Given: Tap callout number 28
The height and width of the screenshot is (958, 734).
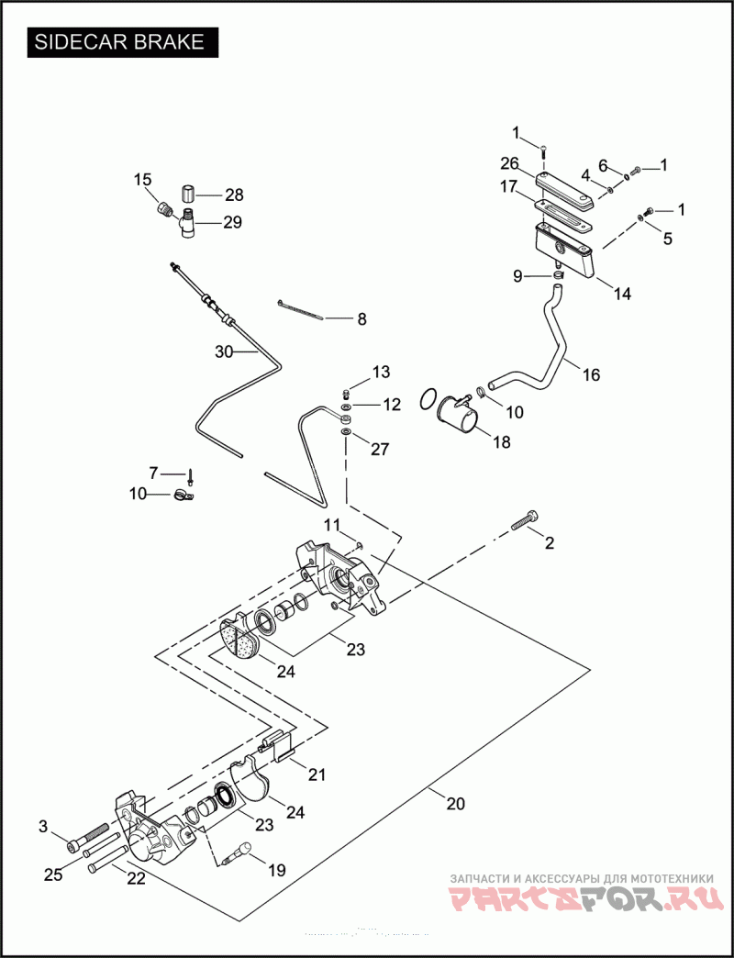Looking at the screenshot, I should (x=235, y=195).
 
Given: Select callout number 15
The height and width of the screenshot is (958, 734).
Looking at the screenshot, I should (x=142, y=180).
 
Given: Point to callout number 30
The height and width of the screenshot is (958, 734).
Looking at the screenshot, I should (x=225, y=351).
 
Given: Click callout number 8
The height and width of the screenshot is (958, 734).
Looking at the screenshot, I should (x=361, y=319).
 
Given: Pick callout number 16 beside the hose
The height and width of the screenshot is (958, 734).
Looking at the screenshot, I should (x=590, y=374).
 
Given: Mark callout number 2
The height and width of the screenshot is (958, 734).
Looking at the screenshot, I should (x=550, y=543).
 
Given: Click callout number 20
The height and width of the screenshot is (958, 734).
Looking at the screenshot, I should (x=455, y=804).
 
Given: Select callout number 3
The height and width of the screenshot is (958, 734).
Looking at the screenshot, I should (x=43, y=827).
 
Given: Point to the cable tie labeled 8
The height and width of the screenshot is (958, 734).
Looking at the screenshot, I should (x=299, y=309).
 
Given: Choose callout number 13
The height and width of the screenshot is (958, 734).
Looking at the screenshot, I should (x=381, y=372).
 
